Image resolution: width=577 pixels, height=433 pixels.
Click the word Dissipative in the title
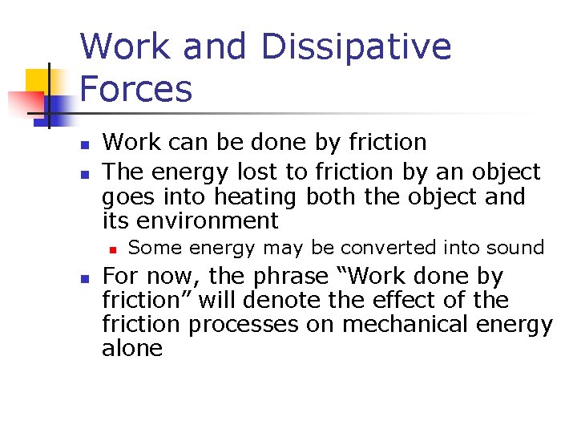[356, 47]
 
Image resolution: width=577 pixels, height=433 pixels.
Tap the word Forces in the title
[136, 89]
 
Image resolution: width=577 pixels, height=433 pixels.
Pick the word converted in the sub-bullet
[388, 248]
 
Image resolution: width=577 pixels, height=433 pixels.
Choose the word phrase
[290, 277]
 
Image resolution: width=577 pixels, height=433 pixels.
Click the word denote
[319, 301]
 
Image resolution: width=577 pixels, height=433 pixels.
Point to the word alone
[132, 349]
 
